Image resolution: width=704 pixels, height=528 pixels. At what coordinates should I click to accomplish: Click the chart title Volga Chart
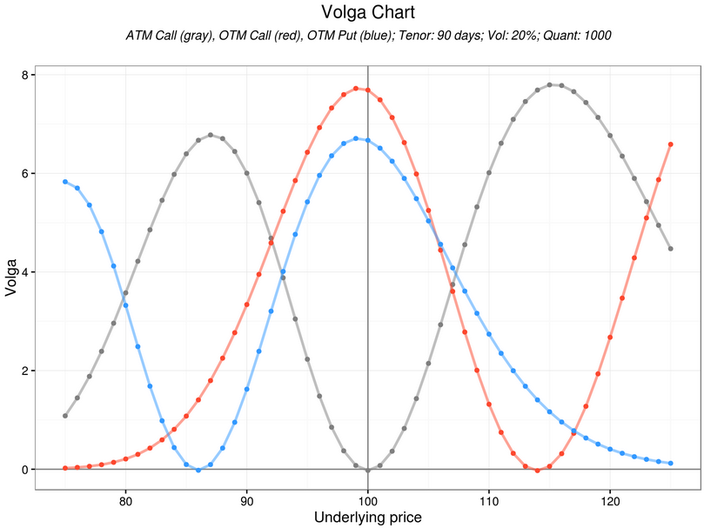(x=368, y=13)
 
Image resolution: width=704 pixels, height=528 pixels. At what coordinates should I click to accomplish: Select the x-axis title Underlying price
(x=368, y=518)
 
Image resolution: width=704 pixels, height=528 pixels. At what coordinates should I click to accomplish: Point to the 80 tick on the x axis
(x=125, y=502)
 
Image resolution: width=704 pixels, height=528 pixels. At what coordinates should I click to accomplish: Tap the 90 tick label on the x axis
(x=247, y=502)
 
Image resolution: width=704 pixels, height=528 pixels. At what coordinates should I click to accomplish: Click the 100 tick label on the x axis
(x=368, y=502)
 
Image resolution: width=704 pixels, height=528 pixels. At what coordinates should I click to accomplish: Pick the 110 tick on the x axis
(x=489, y=502)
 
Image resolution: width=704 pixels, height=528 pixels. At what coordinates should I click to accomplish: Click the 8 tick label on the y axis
(x=26, y=75)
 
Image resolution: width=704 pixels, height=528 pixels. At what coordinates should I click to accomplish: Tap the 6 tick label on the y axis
(x=26, y=174)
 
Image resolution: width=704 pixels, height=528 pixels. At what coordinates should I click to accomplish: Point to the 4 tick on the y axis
(x=26, y=272)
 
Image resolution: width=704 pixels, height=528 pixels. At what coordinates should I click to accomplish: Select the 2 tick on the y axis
(x=26, y=371)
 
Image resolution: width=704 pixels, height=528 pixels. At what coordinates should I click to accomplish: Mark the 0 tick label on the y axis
(x=26, y=470)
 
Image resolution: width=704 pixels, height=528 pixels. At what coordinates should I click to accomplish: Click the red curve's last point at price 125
(x=671, y=144)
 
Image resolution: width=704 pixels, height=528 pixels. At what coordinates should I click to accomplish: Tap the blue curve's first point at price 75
(x=65, y=182)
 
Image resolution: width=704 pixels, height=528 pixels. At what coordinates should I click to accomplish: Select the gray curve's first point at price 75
(x=65, y=416)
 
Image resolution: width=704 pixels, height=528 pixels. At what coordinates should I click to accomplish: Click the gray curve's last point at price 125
(x=671, y=249)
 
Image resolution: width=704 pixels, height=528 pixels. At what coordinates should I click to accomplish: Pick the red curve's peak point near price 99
(x=356, y=88)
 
